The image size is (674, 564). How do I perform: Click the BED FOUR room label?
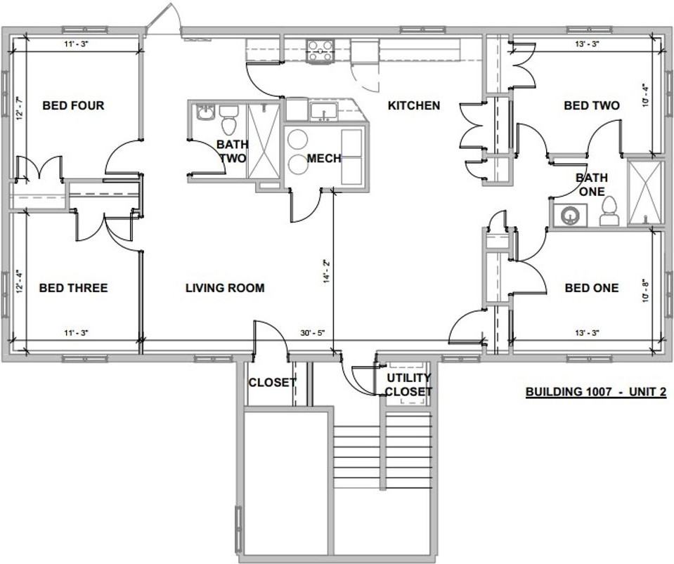pyautogui.click(x=73, y=105)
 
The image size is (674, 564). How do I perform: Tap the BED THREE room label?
pyautogui.click(x=73, y=288)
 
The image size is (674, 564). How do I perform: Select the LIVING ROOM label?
pyautogui.click(x=225, y=288)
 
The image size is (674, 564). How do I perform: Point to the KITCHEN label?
pyautogui.click(x=414, y=105)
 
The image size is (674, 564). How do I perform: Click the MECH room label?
pyautogui.click(x=324, y=159)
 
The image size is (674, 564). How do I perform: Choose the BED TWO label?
pyautogui.click(x=592, y=105)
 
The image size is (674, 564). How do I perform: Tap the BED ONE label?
pyautogui.click(x=592, y=288)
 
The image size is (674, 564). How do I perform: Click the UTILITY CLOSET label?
pyautogui.click(x=408, y=385)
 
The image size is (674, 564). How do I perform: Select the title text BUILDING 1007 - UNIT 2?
pyautogui.click(x=595, y=392)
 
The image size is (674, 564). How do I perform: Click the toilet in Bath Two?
pyautogui.click(x=228, y=121)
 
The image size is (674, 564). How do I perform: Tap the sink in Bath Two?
pyautogui.click(x=205, y=112)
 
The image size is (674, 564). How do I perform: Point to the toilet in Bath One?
pyautogui.click(x=609, y=211)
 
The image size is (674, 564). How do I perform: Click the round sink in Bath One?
pyautogui.click(x=570, y=215)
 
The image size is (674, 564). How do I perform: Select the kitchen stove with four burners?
pyautogui.click(x=320, y=51)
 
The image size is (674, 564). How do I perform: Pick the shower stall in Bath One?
pyautogui.click(x=644, y=192)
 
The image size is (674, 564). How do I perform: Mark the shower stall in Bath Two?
pyautogui.click(x=264, y=140)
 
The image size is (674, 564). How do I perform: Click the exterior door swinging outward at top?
pyautogui.click(x=163, y=20)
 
